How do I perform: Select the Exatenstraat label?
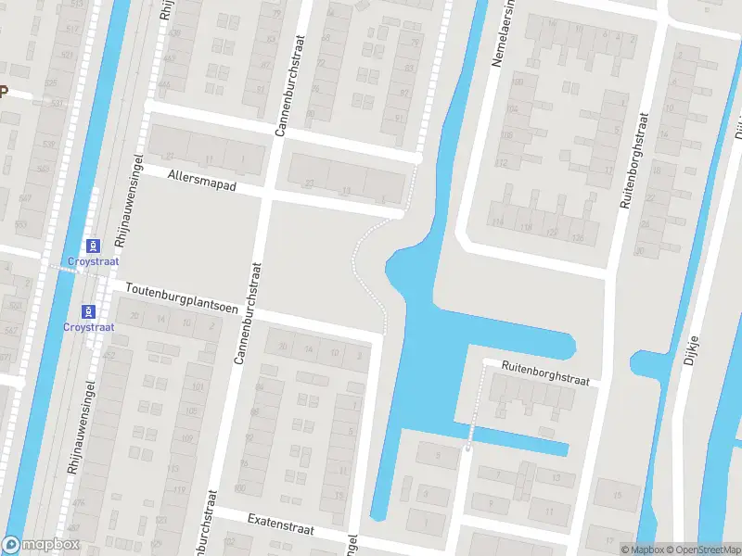pyautogui.click(x=280, y=524)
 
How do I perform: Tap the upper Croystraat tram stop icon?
pyautogui.click(x=93, y=246)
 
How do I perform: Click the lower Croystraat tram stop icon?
pyautogui.click(x=88, y=310)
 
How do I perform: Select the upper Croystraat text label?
pyautogui.click(x=93, y=262)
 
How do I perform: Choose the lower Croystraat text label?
pyautogui.click(x=88, y=327)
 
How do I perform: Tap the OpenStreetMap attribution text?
pyautogui.click(x=702, y=550)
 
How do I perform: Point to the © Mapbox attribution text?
pyautogui.click(x=643, y=550)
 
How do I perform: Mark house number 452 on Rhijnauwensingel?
pyautogui.click(x=110, y=355)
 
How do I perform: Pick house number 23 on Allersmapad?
pyautogui.click(x=310, y=183)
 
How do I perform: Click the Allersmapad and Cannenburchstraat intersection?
pyautogui.click(x=266, y=194)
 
